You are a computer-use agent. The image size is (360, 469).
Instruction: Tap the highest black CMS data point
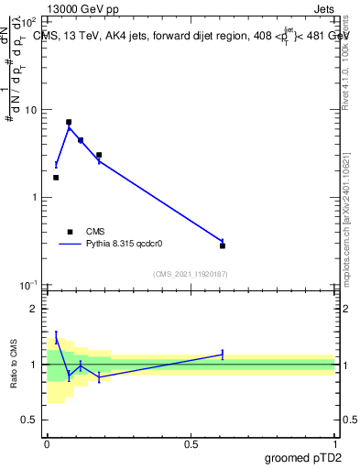click(69, 122)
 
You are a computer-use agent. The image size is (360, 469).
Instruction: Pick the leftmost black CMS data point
click(56, 178)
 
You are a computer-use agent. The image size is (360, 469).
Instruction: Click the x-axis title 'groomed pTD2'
click(302, 458)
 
